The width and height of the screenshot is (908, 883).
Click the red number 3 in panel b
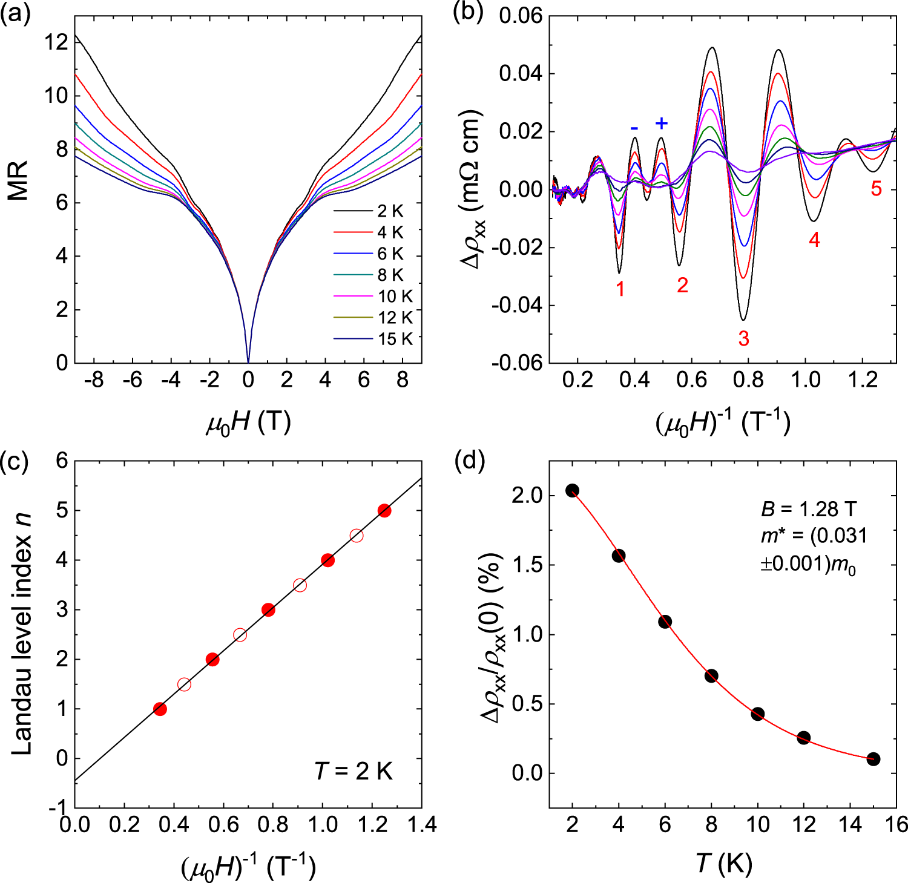point(743,339)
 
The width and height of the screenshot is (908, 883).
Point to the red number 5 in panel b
point(876,189)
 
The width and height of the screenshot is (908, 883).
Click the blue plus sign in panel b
point(662,123)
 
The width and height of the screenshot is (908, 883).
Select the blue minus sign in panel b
point(634,128)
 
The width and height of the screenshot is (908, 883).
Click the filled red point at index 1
point(160,709)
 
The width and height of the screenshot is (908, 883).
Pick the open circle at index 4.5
point(357,535)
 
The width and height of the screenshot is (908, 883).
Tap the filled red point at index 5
point(384,511)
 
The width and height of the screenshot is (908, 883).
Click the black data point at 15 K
point(873,759)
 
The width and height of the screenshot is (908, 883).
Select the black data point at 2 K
point(572,490)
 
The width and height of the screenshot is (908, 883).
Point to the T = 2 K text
point(354,772)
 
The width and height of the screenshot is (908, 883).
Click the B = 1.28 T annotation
point(809,510)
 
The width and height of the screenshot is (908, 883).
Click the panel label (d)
point(469,461)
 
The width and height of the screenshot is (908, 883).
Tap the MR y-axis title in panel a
point(18,180)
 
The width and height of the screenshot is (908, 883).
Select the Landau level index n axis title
point(21,634)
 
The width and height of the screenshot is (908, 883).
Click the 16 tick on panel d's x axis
point(896,824)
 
